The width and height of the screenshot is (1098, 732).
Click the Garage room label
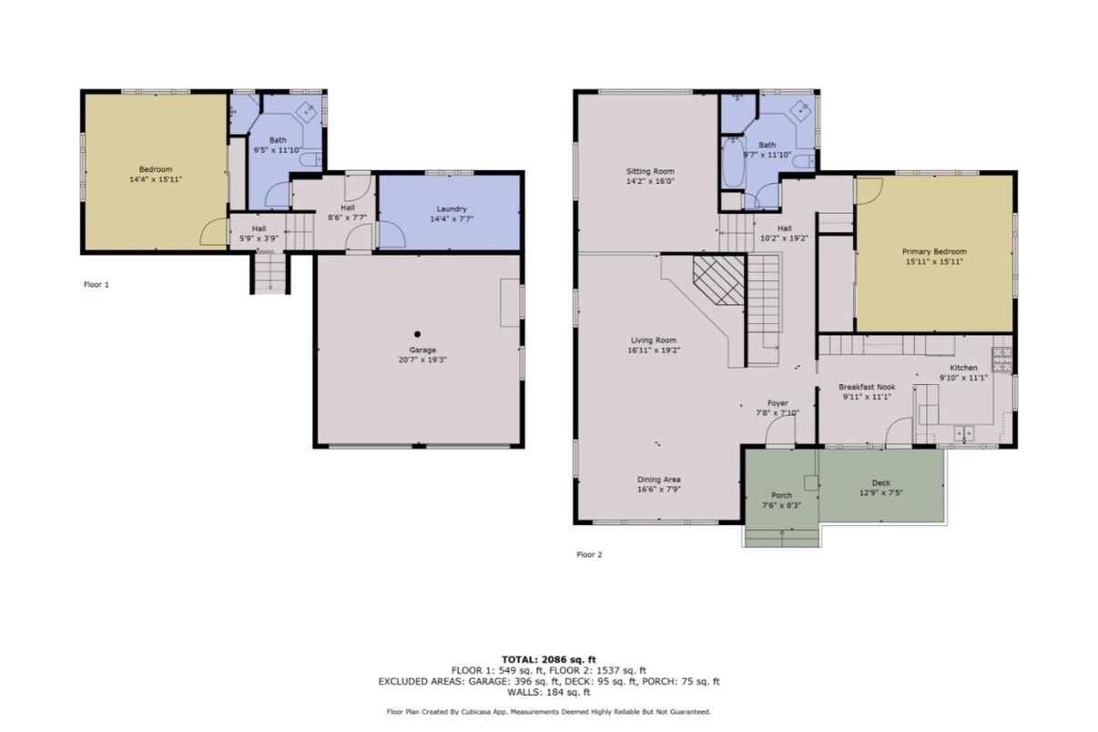click(422, 350)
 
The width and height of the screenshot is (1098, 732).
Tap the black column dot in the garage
click(417, 333)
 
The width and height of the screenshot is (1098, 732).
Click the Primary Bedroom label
click(933, 251)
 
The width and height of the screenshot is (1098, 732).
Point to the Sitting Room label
click(649, 171)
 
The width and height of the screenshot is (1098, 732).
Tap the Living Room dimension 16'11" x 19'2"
click(654, 350)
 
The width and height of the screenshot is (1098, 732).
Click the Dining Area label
click(659, 479)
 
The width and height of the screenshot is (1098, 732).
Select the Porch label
click(781, 495)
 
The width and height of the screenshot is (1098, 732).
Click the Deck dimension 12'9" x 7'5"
click(880, 493)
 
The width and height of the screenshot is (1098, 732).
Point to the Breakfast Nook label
click(867, 387)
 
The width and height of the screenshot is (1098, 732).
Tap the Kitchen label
click(963, 368)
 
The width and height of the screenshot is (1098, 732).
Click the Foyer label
click(777, 402)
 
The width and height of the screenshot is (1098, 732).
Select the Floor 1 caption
click(96, 284)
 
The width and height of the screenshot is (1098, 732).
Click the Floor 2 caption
click(589, 554)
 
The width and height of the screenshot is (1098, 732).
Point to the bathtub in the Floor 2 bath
click(731, 162)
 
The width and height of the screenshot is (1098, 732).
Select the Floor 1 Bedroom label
click(155, 169)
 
